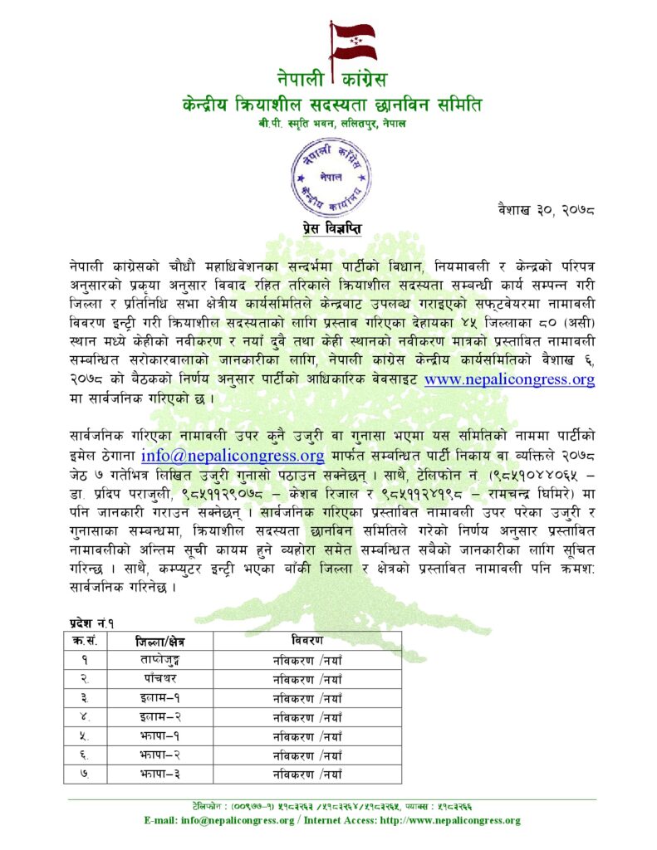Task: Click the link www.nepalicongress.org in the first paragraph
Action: pos(509,380)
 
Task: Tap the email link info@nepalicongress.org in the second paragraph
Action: pos(233,455)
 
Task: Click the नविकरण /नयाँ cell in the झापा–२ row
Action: pos(307,755)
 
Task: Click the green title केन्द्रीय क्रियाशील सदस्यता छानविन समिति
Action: pos(332,105)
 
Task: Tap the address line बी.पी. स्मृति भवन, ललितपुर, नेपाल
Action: pos(331,124)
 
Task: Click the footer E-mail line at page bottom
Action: pos(332,820)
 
